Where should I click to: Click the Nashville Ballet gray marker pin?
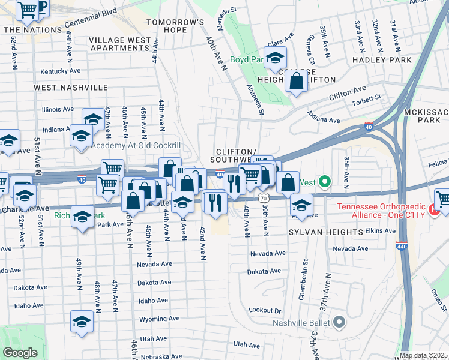(339, 322)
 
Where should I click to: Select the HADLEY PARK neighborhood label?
(382, 60)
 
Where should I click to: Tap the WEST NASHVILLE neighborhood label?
(70, 88)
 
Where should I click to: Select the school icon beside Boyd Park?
(275, 58)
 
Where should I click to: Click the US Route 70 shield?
(264, 197)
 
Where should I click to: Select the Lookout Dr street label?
(265, 310)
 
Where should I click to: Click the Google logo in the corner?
(20, 353)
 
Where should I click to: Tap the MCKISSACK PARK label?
(427, 116)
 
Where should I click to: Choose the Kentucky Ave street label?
(60, 71)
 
